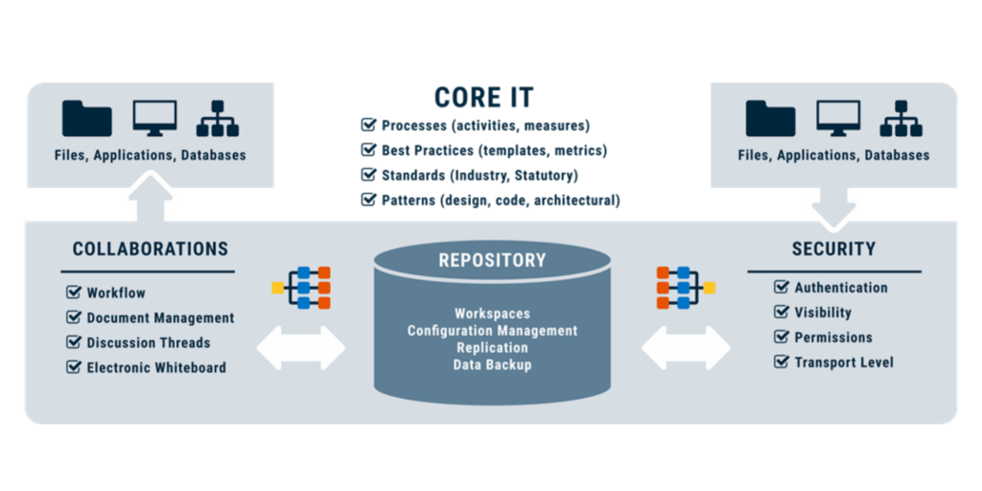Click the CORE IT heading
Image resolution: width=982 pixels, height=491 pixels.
tap(483, 98)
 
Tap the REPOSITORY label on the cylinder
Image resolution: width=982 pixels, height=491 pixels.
tap(492, 260)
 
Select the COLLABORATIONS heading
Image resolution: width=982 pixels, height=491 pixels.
tap(151, 249)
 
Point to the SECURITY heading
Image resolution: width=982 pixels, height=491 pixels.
tap(833, 249)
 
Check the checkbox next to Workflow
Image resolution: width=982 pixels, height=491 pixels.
tap(74, 292)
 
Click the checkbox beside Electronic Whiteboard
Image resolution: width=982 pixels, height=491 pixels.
tap(74, 367)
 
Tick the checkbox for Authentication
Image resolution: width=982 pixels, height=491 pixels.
tap(782, 287)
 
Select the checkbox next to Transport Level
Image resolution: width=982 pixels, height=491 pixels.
tap(782, 362)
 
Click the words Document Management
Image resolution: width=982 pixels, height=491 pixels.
tap(160, 317)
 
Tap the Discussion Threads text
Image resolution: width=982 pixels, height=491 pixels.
tap(149, 342)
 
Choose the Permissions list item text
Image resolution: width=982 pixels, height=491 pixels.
tap(833, 338)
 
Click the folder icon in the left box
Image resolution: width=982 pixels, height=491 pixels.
tap(87, 118)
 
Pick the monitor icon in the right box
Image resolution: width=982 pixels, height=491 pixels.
tap(838, 118)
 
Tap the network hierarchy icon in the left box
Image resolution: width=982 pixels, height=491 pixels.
tap(218, 118)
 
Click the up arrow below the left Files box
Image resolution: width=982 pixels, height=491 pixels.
tap(150, 199)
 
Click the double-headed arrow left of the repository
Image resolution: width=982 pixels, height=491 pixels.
tap(300, 347)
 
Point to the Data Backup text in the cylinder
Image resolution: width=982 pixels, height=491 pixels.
tap(492, 365)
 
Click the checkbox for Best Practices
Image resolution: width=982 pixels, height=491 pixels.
tap(368, 151)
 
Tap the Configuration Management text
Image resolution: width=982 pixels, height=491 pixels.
tap(492, 331)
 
